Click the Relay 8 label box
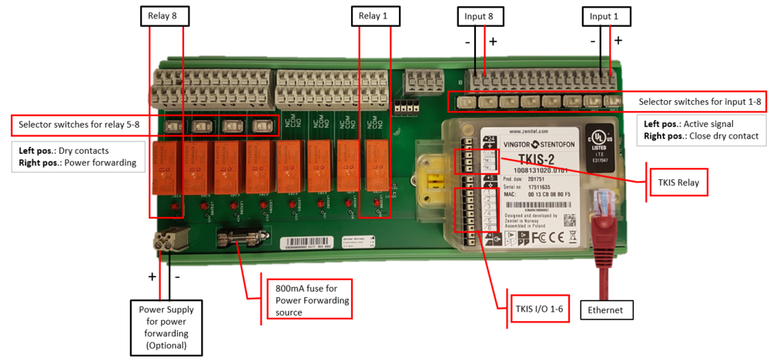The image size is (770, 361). [x=164, y=16]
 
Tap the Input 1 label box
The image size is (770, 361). [x=604, y=16]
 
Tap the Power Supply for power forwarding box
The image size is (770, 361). [x=166, y=327]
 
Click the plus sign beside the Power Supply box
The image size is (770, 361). [x=152, y=276]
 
